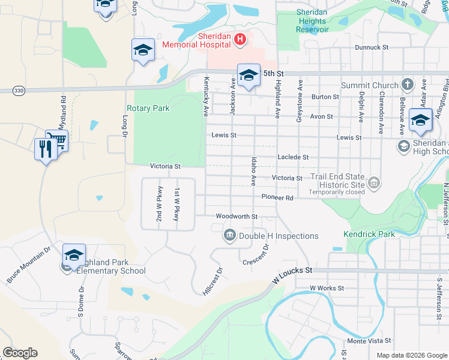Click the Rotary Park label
(x=148, y=109)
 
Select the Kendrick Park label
(x=369, y=234)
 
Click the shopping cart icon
(x=58, y=140)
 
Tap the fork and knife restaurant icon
(x=46, y=149)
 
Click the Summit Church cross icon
(x=408, y=85)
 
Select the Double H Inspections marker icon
(x=229, y=236)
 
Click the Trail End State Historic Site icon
(x=374, y=182)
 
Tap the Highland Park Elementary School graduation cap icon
(x=74, y=255)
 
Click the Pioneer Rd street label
(x=277, y=197)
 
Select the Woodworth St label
(x=237, y=216)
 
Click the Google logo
(x=20, y=353)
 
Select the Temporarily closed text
(x=336, y=192)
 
